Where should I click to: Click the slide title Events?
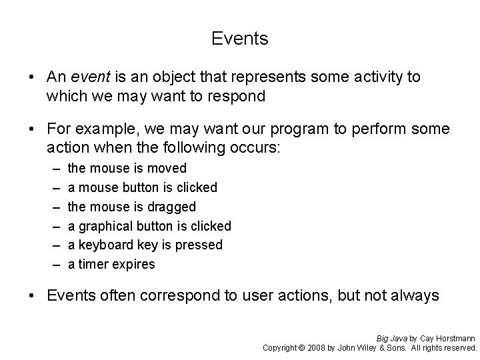tap(240, 39)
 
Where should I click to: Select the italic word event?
tap(89, 77)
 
